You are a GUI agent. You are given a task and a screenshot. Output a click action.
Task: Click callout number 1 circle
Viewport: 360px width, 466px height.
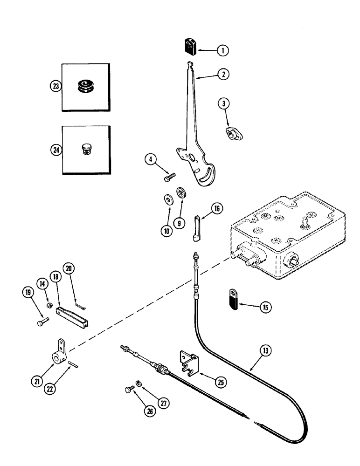[x=223, y=51]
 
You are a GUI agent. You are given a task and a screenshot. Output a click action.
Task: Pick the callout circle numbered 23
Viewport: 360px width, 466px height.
[x=56, y=87]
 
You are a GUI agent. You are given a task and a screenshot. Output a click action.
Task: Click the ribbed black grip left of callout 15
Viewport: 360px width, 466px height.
[x=234, y=299]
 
